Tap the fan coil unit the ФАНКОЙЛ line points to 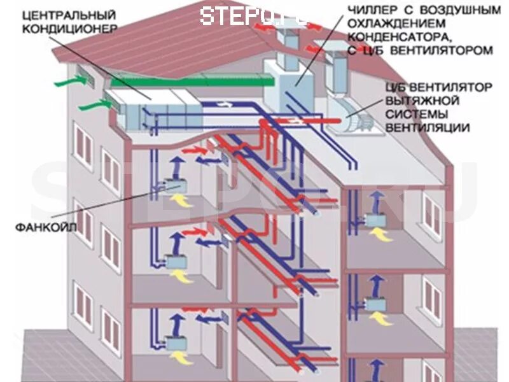coord(171,185)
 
